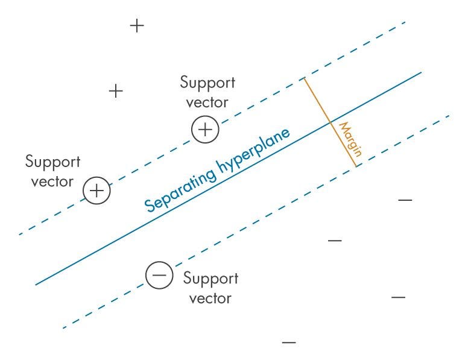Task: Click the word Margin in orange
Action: (350, 139)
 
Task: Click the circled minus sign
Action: (159, 276)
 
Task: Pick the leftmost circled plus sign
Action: (97, 191)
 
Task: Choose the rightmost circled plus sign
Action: (205, 130)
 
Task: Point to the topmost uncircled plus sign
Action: (138, 26)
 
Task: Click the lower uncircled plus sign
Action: (115, 92)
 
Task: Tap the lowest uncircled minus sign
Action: (289, 343)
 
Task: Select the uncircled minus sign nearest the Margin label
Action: (405, 200)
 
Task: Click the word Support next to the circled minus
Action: (210, 279)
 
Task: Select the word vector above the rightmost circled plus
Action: (207, 102)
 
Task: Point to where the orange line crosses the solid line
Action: (329, 123)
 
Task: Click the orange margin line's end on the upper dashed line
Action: (303, 78)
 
